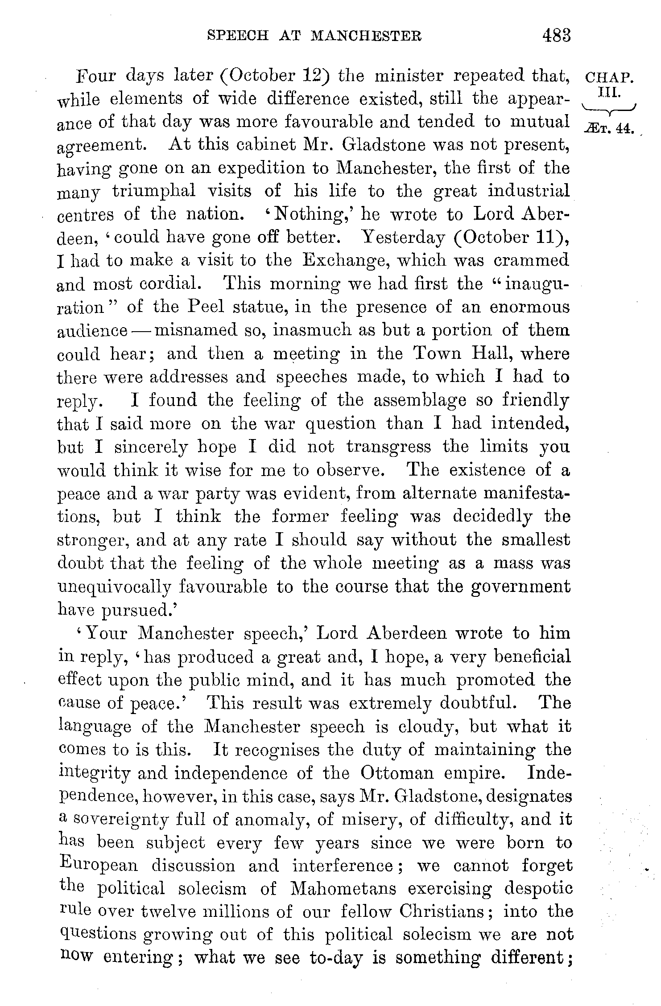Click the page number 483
point(556,35)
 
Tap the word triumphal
point(153,191)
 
